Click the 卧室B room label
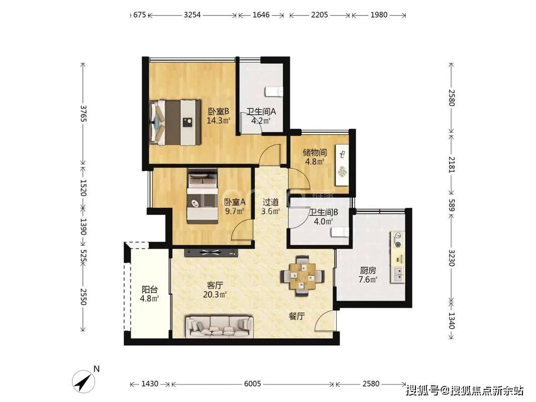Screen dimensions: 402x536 coord(219,112)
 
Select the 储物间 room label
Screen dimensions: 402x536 coord(314,152)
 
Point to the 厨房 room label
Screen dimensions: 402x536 coord(368,270)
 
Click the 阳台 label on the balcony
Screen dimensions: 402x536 coord(149,289)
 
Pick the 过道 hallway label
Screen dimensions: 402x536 coord(271,202)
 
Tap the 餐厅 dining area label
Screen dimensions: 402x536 coord(297,316)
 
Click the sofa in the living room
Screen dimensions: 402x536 coord(219,327)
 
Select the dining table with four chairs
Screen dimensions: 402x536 coord(302,274)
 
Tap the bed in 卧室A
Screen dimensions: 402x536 coord(202,196)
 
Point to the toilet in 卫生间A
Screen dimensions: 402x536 coord(274,91)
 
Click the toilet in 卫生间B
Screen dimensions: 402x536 coord(341,232)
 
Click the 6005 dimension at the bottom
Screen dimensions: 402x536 coord(252,384)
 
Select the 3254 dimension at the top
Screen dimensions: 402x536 coord(192,15)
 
